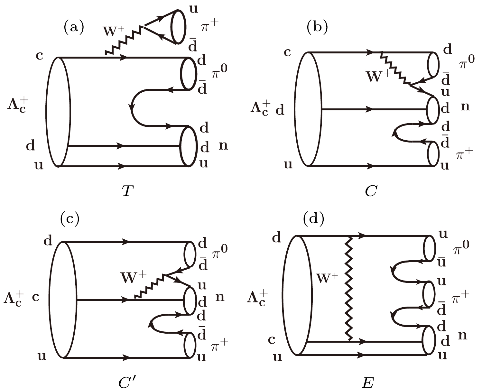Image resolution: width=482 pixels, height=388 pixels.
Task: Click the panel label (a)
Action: [x=74, y=28]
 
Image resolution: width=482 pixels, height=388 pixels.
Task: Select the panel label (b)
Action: [x=317, y=28]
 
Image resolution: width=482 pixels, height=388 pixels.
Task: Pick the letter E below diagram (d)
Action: [x=368, y=382]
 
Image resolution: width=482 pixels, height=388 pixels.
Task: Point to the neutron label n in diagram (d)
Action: [x=462, y=336]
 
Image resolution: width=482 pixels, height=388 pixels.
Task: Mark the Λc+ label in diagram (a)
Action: [x=19, y=105]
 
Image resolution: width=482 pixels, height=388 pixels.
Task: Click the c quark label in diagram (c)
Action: [x=36, y=297]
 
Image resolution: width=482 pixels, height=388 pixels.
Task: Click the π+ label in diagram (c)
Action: [x=220, y=345]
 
